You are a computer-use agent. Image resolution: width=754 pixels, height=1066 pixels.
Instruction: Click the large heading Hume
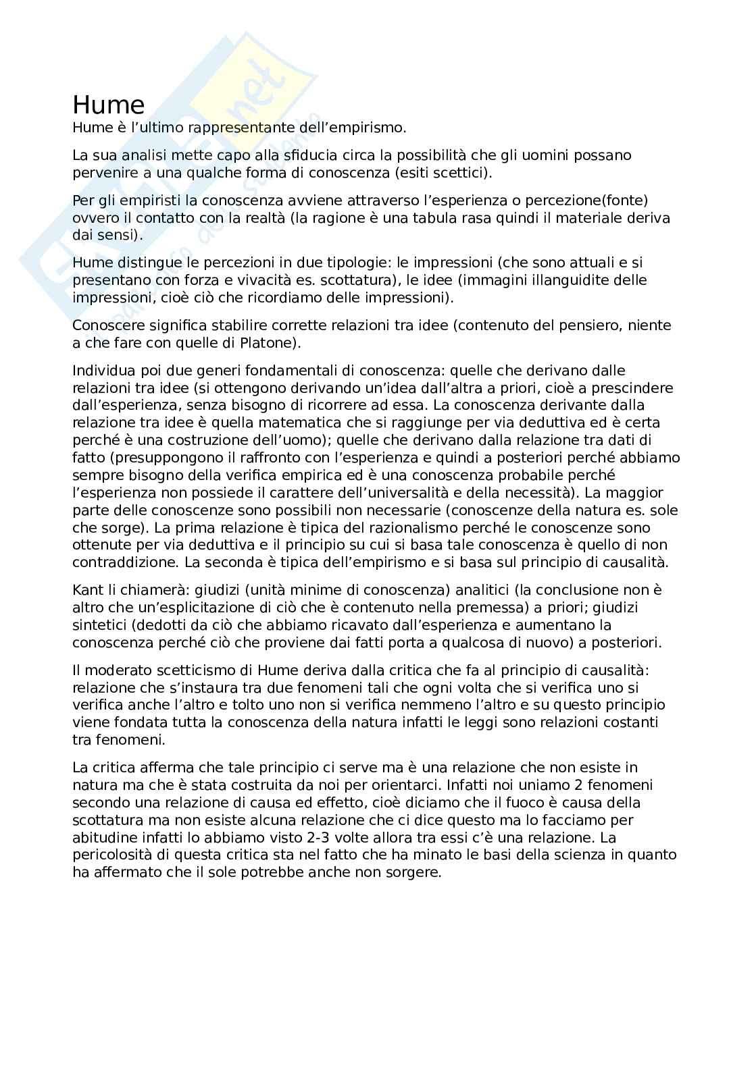[108, 105]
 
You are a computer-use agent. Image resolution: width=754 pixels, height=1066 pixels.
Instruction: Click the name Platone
[266, 343]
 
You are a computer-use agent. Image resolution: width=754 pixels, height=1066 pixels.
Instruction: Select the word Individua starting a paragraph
[104, 371]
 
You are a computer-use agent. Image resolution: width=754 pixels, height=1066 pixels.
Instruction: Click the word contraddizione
[126, 562]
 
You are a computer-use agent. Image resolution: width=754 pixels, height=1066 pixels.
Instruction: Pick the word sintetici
[101, 625]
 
